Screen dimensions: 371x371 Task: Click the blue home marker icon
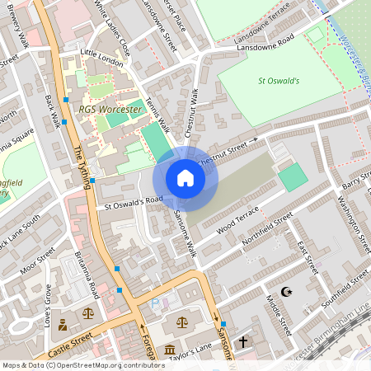[x=185, y=179]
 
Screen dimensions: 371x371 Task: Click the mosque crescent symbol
[x=287, y=293]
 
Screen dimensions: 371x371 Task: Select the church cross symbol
[x=243, y=340]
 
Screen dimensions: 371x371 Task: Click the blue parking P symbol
[x=155, y=304]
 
